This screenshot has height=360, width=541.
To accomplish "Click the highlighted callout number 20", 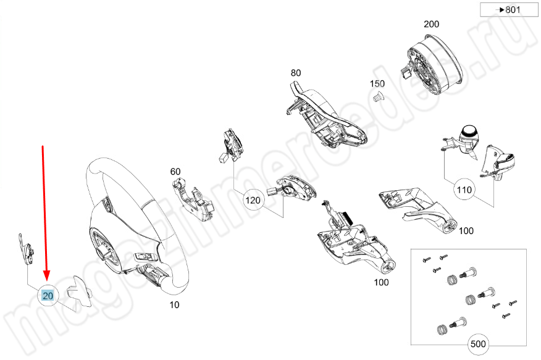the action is [x=48, y=296].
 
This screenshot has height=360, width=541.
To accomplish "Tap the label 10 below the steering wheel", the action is [x=174, y=305].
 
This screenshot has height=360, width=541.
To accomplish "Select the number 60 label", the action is [x=175, y=172].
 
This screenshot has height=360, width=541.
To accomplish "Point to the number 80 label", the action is [x=296, y=73].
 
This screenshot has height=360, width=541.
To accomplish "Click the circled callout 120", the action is [x=253, y=200].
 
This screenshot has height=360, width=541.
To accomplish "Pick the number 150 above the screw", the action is [x=377, y=83].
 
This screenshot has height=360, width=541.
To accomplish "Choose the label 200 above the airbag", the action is [x=431, y=24].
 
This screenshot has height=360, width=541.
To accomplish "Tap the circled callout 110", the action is [x=464, y=190].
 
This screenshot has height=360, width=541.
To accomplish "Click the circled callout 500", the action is [x=478, y=344].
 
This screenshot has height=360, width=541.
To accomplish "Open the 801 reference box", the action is [x=509, y=10].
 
